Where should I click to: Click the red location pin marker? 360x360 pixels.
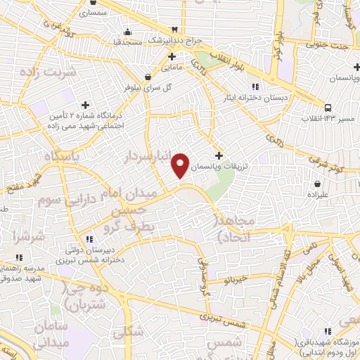point(181,165)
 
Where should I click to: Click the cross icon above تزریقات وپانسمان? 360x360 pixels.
point(219,155)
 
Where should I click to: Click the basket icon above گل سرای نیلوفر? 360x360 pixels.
point(147,77)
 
